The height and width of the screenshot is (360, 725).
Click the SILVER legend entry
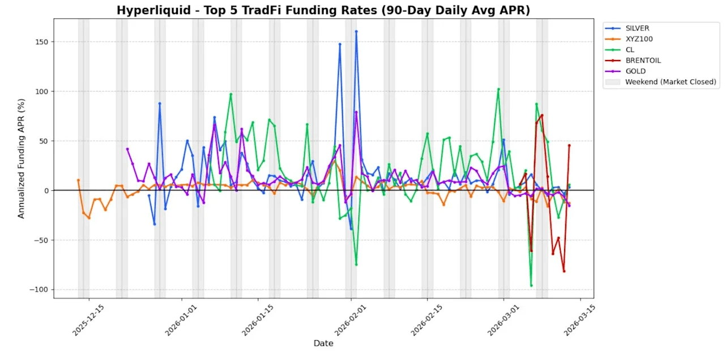(x=637, y=28)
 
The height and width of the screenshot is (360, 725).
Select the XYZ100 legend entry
(x=638, y=38)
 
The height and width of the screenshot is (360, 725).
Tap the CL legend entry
(x=630, y=49)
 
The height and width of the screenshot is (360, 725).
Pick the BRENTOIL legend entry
(x=643, y=60)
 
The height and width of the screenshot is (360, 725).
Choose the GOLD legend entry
(x=634, y=71)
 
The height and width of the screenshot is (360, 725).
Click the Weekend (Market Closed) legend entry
(x=671, y=82)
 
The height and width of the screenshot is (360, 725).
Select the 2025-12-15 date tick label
(x=89, y=320)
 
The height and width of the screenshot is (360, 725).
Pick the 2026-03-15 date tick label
(x=580, y=320)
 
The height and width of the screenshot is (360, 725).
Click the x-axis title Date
(x=323, y=343)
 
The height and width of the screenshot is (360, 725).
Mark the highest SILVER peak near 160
(x=356, y=32)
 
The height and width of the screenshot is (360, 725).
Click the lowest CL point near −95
(x=531, y=285)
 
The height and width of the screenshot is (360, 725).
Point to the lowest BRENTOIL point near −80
(x=564, y=271)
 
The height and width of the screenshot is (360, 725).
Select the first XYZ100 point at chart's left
(x=78, y=180)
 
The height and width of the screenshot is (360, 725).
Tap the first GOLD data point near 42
(x=127, y=149)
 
